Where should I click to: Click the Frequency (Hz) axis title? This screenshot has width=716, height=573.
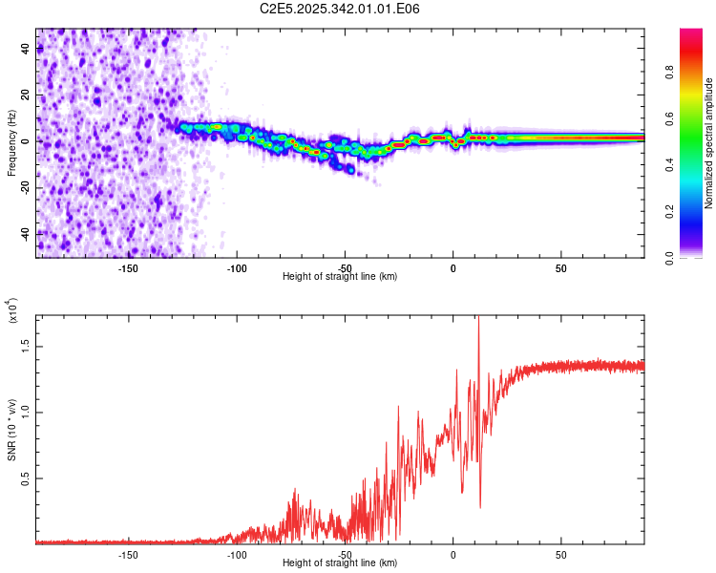12,141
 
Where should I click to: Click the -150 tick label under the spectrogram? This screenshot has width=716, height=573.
128,266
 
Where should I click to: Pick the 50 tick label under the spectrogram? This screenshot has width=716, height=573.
561,266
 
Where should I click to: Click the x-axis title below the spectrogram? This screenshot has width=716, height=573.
340,276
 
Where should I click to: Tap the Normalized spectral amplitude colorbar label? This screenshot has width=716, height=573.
709,143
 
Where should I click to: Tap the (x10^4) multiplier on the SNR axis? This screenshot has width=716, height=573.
12,311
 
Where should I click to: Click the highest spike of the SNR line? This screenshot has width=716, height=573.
478,320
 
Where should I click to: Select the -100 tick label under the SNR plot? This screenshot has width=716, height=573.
237,553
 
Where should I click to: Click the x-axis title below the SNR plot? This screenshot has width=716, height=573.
340,562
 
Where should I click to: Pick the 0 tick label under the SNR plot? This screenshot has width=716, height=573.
453,553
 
